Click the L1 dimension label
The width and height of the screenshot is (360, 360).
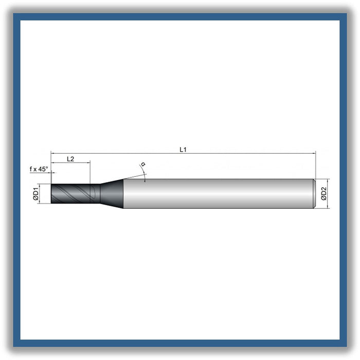[183, 150]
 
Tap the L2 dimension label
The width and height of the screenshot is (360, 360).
[70, 159]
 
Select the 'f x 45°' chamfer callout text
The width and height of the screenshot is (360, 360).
[39, 169]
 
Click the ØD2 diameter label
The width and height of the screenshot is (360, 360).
[323, 194]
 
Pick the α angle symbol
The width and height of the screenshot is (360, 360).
[143, 164]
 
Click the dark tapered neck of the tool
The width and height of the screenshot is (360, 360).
[112, 194]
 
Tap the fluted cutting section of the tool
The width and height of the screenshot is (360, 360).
[75, 193]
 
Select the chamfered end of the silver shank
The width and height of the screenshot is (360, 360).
[315, 194]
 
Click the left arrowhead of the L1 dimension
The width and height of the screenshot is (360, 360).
[52, 153]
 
